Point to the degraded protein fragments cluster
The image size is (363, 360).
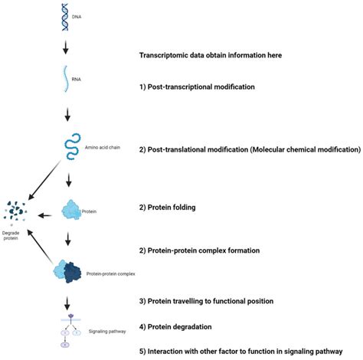coord(17,212)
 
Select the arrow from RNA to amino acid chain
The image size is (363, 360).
coord(69,114)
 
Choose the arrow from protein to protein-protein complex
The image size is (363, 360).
coord(69,240)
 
